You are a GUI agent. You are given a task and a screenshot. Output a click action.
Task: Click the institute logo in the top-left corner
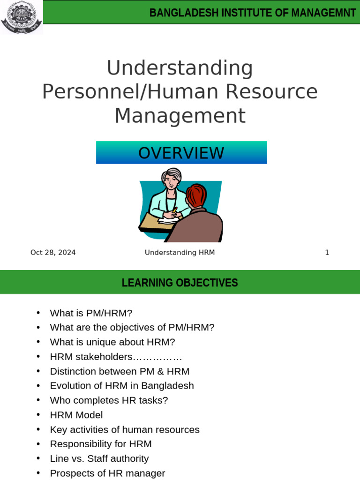[21, 17]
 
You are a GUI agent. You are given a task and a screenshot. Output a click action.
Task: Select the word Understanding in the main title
[180, 68]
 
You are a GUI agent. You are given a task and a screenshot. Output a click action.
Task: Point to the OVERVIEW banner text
[181, 153]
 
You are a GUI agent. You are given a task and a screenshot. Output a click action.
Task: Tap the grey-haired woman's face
[172, 180]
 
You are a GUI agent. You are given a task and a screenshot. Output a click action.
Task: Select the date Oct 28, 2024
[53, 253]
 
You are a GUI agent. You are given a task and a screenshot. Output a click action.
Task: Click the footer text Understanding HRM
[180, 253]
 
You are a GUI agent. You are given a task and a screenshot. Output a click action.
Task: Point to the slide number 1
[327, 253]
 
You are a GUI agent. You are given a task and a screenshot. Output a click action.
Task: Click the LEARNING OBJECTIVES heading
[180, 283]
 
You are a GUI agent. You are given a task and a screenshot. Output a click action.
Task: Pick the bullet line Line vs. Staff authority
[99, 458]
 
